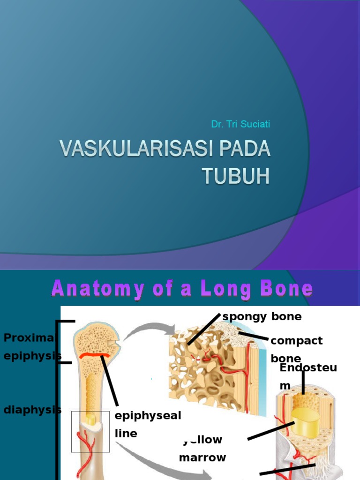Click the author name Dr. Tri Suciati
tap(240, 124)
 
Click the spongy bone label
tap(262, 317)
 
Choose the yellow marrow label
tap(202, 449)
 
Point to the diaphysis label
tap(32, 410)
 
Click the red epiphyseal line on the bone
tap(95, 356)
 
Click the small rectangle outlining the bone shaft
tap(90, 431)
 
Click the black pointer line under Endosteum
tap(303, 382)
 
